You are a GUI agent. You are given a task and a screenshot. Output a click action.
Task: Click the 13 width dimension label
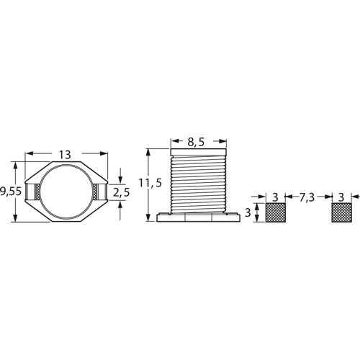click(x=65, y=155)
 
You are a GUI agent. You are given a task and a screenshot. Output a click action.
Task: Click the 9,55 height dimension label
click(x=11, y=192)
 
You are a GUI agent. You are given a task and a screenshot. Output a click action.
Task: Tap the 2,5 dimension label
click(x=121, y=192)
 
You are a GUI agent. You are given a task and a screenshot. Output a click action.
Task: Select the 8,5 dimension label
click(x=196, y=142)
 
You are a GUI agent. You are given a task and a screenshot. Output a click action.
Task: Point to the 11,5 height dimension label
click(x=150, y=183)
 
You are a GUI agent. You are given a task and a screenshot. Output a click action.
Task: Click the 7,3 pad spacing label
click(x=306, y=197)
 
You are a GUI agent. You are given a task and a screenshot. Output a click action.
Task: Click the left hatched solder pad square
click(x=276, y=212)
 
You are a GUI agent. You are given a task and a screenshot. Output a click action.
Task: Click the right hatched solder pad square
click(x=341, y=212)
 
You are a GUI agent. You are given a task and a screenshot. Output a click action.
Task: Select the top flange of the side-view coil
click(x=198, y=152)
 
